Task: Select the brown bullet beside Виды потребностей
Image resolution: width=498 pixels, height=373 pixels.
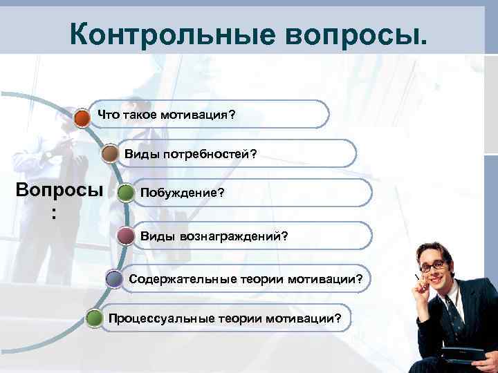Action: click(x=109, y=154)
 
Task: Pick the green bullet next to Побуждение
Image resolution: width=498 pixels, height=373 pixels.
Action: click(x=126, y=193)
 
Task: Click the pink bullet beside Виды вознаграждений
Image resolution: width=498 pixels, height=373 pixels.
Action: click(x=126, y=236)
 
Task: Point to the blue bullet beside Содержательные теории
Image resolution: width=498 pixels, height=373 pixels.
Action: click(x=115, y=278)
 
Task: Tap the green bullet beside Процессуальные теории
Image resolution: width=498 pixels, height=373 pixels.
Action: click(x=94, y=318)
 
